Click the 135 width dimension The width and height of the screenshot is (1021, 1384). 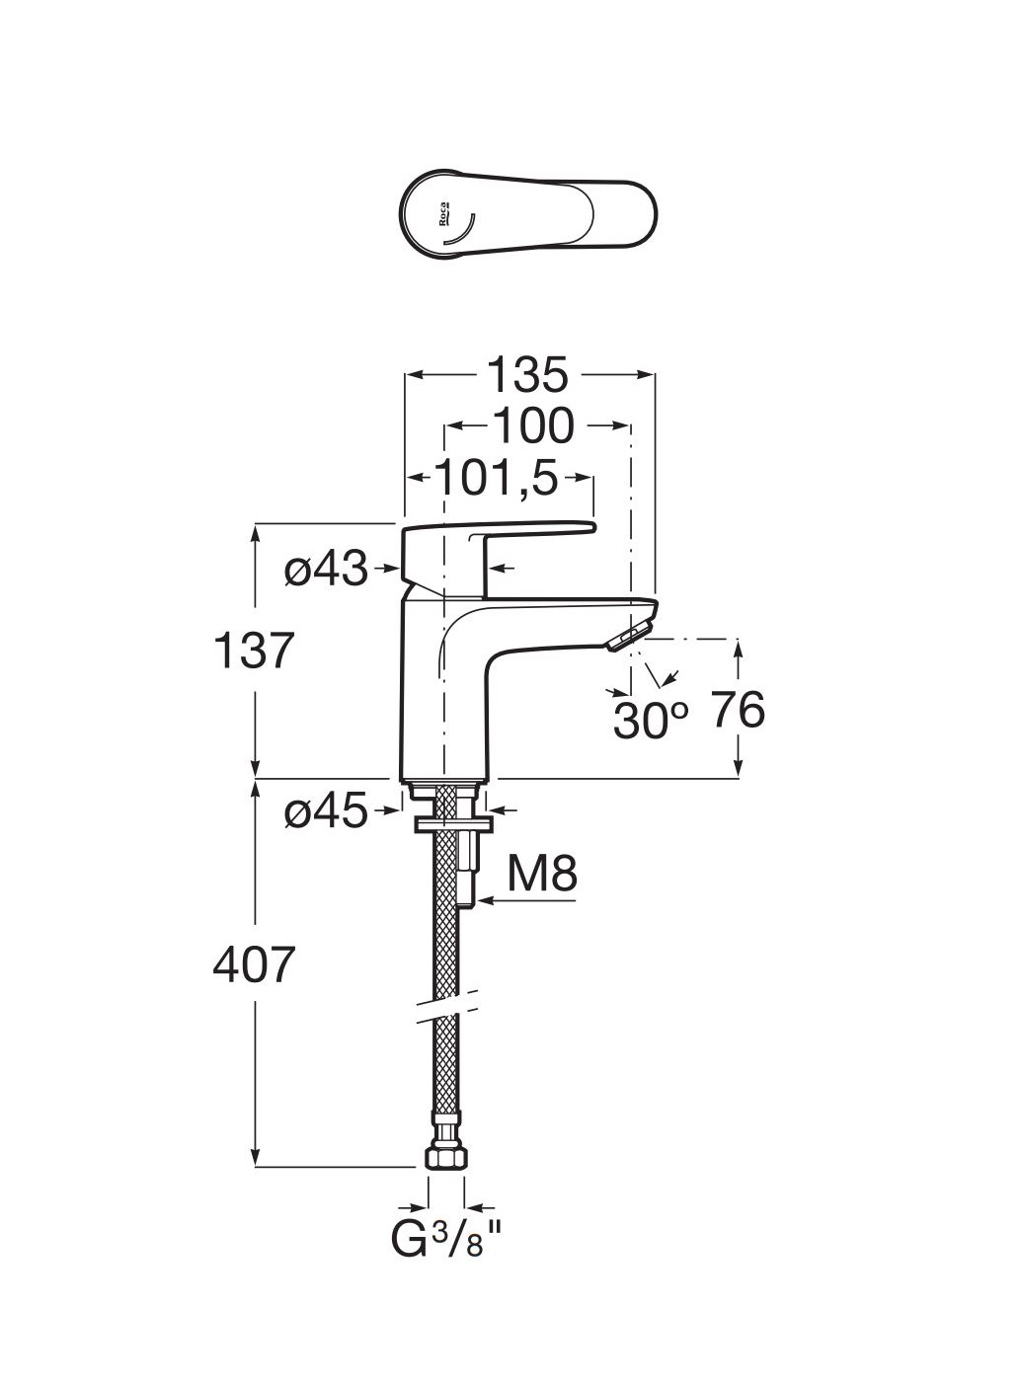(529, 375)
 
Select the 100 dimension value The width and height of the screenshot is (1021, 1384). (532, 425)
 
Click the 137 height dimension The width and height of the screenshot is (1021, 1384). (255, 651)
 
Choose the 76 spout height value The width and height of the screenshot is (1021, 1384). (738, 710)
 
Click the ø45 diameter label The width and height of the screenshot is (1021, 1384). (325, 812)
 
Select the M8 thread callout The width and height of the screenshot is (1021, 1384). (542, 875)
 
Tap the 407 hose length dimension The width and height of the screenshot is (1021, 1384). (255, 964)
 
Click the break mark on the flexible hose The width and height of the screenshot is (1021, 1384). (446, 1004)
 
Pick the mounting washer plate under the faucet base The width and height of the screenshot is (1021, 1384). (451, 822)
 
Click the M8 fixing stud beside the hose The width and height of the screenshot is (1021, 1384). (469, 869)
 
